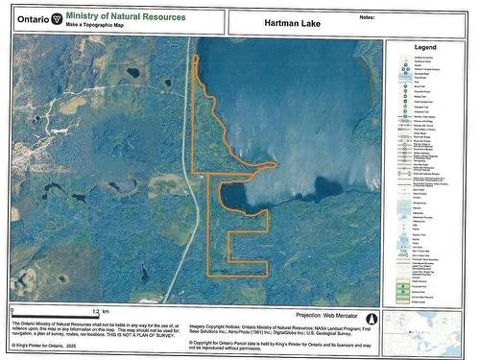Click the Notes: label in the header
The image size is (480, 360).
365,16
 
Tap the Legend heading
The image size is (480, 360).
425,47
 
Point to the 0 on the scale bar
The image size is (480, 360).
12,312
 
